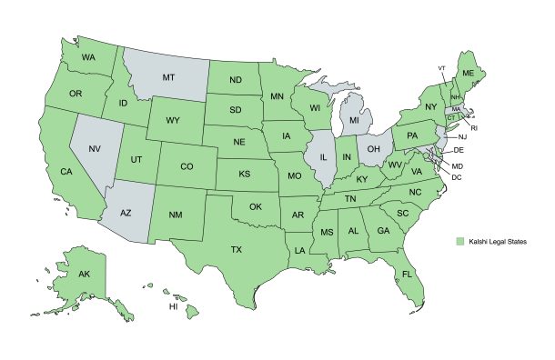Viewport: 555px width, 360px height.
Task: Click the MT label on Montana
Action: point(168,78)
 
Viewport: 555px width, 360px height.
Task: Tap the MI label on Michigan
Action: point(355,119)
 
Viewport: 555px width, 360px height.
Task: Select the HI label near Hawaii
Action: point(173,307)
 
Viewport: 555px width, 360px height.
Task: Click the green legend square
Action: point(460,240)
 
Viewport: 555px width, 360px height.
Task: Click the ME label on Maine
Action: point(469,73)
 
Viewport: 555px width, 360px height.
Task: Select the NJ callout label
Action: point(462,137)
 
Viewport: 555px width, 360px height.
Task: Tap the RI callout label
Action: point(474,128)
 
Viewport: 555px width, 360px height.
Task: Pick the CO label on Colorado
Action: point(187,166)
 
